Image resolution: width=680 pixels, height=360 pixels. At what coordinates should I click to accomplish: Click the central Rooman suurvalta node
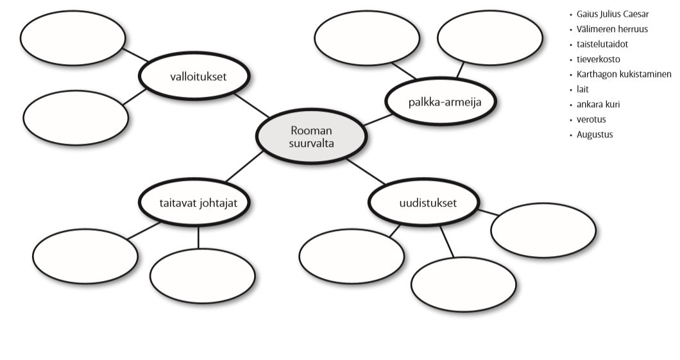(x=311, y=136)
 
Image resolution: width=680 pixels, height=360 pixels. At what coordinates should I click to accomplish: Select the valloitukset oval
(x=194, y=76)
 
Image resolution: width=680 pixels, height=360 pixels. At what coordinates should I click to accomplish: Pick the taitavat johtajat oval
(x=194, y=203)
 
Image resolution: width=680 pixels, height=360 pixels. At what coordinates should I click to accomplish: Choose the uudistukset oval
(x=424, y=203)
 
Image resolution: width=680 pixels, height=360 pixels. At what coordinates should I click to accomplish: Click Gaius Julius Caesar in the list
(x=613, y=14)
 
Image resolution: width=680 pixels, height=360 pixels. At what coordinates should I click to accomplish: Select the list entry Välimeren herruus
(x=612, y=29)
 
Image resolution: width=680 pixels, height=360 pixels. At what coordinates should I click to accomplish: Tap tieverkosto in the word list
(x=598, y=59)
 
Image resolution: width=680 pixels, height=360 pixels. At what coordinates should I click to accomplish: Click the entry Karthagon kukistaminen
(x=624, y=74)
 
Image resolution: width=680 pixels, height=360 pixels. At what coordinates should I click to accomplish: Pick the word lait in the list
(x=582, y=89)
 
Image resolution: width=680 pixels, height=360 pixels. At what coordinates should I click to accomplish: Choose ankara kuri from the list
(x=598, y=104)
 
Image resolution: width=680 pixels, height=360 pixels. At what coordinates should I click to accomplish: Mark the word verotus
(x=591, y=119)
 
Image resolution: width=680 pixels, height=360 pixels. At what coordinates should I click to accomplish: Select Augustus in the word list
(x=595, y=135)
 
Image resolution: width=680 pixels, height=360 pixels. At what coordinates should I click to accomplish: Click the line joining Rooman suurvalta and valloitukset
(x=251, y=105)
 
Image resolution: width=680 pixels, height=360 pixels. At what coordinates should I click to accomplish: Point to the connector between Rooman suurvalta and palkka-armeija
(x=378, y=120)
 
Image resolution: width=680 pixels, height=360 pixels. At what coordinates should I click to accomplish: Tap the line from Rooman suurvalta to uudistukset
(x=366, y=171)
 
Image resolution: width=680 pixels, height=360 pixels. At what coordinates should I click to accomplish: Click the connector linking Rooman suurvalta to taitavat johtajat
(x=244, y=166)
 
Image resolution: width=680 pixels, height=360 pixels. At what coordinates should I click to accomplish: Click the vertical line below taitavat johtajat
(x=198, y=237)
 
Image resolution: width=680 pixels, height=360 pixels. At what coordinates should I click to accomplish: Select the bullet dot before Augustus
(x=571, y=135)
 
